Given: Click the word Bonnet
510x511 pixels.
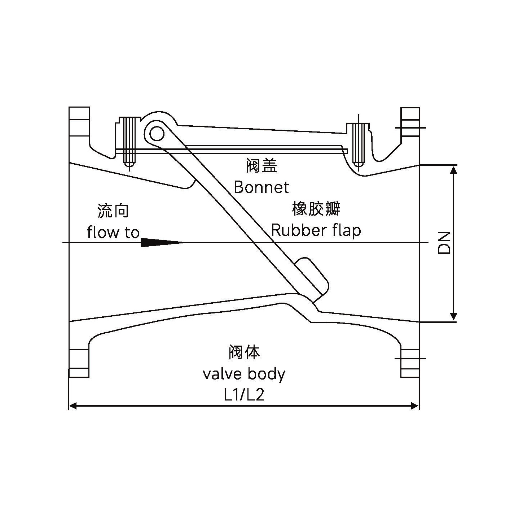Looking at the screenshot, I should click(x=261, y=187).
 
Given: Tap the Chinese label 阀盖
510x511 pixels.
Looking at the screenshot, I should click(x=261, y=166).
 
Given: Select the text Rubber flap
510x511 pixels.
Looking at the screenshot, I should click(x=316, y=230).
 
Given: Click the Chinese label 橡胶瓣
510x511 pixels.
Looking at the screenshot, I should click(x=316, y=209).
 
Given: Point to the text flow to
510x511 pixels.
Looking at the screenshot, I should click(x=113, y=232).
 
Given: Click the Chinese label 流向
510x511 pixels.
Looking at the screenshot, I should click(x=113, y=211).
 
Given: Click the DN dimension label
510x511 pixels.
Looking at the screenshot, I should click(x=445, y=243).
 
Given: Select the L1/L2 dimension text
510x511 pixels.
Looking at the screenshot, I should click(x=244, y=395).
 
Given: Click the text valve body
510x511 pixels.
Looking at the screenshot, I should click(x=244, y=374).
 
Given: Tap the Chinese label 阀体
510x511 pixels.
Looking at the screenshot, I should click(x=244, y=352).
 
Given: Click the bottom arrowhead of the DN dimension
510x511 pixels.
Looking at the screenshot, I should click(x=454, y=317).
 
